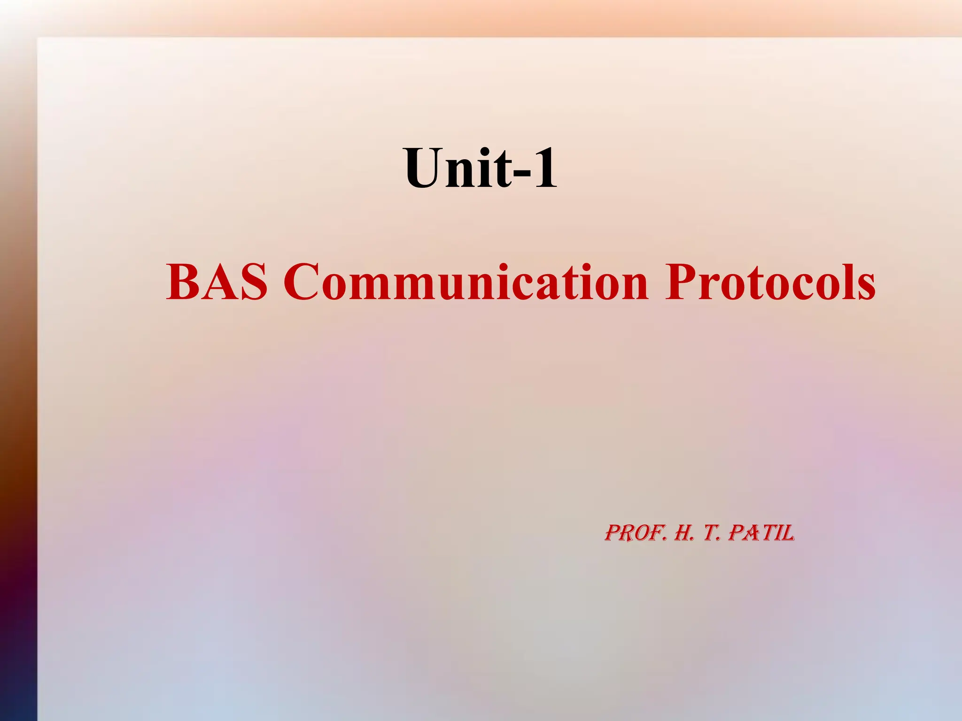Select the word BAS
click(x=217, y=282)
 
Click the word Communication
click(x=465, y=282)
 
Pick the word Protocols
click(x=770, y=282)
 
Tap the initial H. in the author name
click(x=684, y=534)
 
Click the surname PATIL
click(x=761, y=534)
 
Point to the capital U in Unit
click(x=424, y=168)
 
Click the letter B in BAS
click(x=183, y=282)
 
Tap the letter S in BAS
click(x=253, y=282)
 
